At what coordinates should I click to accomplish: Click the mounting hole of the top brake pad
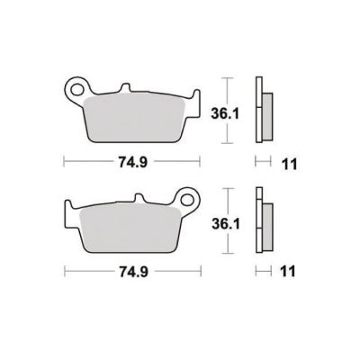coord(77,90)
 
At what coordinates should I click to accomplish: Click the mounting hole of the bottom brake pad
coord(188,200)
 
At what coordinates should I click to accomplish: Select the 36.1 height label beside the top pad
coord(225,114)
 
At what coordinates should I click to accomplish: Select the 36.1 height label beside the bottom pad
coord(226,224)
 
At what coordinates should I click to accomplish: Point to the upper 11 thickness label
coord(289,165)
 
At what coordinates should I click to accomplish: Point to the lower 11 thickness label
coord(288,272)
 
